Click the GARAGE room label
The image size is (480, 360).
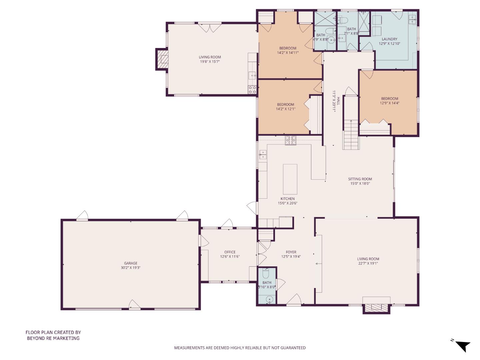tap(131, 263)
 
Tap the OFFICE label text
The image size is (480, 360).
tap(230, 252)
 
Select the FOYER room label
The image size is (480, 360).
tap(291, 252)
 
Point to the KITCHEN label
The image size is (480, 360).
tap(287, 199)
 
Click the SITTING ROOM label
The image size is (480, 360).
tap(360, 179)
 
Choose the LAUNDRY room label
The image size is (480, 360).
tap(389, 39)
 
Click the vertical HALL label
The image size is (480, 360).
tap(338, 101)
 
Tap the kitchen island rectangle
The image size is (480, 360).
tap(290, 179)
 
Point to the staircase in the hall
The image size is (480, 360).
tap(351, 135)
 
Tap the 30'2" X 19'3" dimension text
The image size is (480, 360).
tap(131, 268)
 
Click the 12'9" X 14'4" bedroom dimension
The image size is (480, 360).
tap(389, 103)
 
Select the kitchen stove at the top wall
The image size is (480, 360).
tap(291, 140)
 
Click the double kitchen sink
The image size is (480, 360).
tap(263, 155)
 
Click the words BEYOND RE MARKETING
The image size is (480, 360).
tap(53, 338)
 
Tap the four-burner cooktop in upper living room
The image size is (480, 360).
tap(252, 90)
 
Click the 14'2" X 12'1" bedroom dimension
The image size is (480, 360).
tap(286, 109)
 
